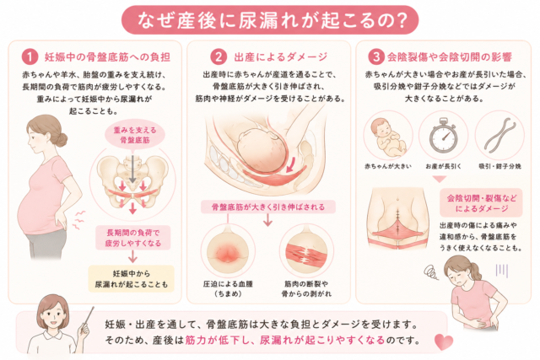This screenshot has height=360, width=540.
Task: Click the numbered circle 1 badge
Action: (30, 56)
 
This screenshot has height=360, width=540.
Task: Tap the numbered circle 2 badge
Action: (219, 56)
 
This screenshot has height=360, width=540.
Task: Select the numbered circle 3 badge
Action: (376, 56)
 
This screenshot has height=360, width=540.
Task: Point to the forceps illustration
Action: (499, 135)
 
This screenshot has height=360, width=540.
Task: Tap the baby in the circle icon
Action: (388, 137)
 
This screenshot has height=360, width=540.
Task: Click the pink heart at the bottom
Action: (444, 341)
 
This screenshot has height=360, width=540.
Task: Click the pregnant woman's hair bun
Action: (62, 139)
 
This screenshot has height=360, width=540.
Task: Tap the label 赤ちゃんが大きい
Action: (388, 167)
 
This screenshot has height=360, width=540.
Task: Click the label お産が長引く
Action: (443, 167)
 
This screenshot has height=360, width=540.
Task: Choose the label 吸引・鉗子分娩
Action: (499, 167)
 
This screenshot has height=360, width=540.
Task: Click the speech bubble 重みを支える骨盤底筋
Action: (135, 135)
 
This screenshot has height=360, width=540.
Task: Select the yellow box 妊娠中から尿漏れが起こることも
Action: (132, 279)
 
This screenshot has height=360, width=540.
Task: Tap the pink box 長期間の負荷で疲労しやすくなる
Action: (133, 238)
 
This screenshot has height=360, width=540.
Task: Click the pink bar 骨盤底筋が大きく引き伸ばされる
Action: (268, 207)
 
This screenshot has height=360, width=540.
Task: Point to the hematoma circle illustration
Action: (228, 250)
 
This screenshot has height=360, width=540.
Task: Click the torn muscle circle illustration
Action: (306, 250)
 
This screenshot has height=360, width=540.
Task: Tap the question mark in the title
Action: (400, 20)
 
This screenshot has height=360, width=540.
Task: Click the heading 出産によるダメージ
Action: (281, 57)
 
